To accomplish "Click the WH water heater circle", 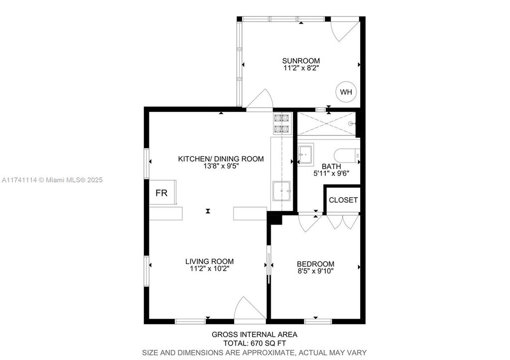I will pyautogui.click(x=346, y=92).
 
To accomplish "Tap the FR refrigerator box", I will pyautogui.click(x=162, y=193).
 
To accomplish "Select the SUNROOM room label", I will pyautogui.click(x=301, y=61).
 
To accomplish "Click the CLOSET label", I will pyautogui.click(x=343, y=200).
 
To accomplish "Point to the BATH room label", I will pyautogui.click(x=331, y=166).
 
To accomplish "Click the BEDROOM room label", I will pyautogui.click(x=315, y=264).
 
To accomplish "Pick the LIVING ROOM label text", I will pyautogui.click(x=209, y=261).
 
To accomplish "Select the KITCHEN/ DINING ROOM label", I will pyautogui.click(x=221, y=159).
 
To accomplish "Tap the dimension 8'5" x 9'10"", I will pyautogui.click(x=315, y=271).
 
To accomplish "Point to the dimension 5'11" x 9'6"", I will pyautogui.click(x=331, y=174).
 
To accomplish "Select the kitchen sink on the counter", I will pyautogui.click(x=281, y=190).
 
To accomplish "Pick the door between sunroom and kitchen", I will pyautogui.click(x=259, y=99).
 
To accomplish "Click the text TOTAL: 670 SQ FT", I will pyautogui.click(x=255, y=343).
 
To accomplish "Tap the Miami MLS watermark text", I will pyautogui.click(x=51, y=180).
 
